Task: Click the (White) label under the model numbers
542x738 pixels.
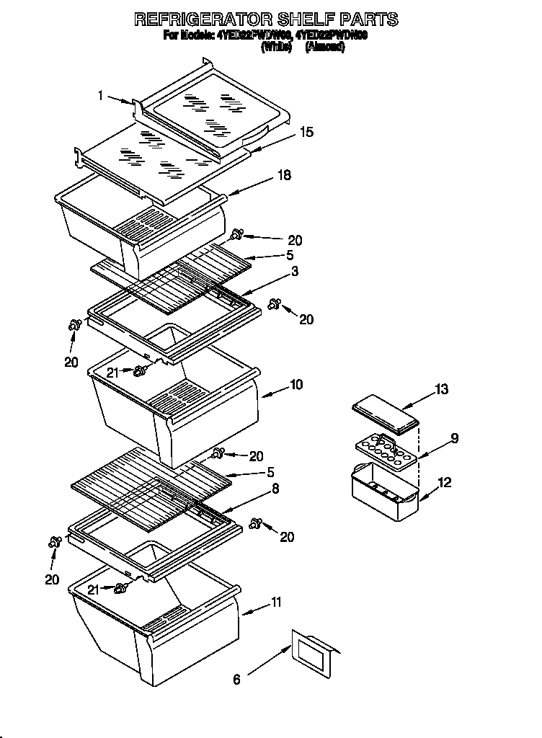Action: (x=277, y=47)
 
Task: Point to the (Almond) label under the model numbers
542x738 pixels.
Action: (x=325, y=47)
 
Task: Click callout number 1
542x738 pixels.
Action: (x=102, y=94)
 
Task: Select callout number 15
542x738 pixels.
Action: (x=306, y=132)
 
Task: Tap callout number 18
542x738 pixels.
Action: (x=285, y=176)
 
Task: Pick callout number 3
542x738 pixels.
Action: (x=295, y=271)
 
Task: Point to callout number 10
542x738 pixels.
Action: (x=296, y=384)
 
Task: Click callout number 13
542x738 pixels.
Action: (x=442, y=390)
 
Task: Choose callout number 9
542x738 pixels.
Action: (x=454, y=437)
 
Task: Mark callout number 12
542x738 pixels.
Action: (x=445, y=483)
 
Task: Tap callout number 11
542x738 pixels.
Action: (x=277, y=602)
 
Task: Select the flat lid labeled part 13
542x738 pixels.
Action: (x=385, y=417)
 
